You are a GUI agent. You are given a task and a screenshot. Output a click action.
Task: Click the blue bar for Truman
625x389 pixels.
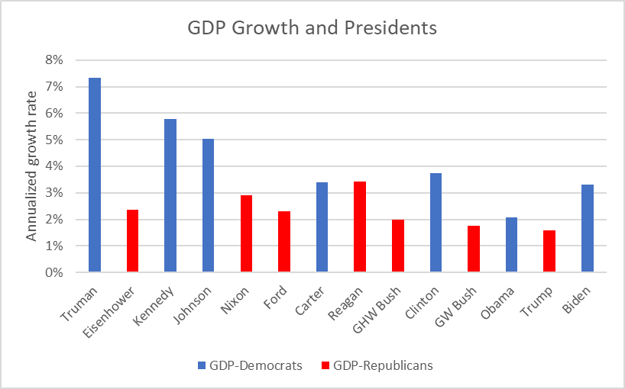point(95,175)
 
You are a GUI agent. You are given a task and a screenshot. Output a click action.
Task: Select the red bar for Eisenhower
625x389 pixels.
point(132,241)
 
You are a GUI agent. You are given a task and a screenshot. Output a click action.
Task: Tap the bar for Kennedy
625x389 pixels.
point(170,195)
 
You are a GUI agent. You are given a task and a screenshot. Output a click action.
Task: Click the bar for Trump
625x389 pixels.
point(549,251)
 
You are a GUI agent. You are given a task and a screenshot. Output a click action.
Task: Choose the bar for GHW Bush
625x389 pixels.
point(397,246)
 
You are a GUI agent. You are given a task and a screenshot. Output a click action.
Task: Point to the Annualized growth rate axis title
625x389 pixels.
point(32,166)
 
